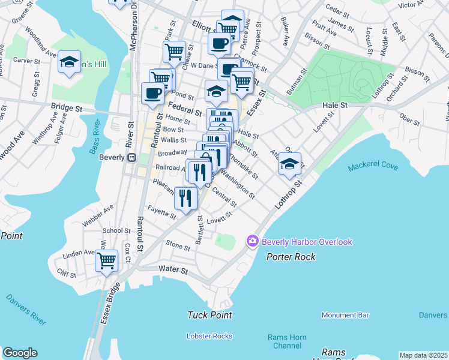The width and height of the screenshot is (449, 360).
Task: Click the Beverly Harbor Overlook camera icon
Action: tap(252, 241)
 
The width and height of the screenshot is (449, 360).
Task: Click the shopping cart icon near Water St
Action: tap(106, 260)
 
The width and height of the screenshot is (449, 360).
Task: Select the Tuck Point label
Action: tap(209, 315)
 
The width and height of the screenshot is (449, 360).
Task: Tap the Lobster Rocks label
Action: tap(209, 335)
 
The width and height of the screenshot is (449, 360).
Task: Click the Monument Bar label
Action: tap(345, 315)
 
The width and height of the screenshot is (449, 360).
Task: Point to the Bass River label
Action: tap(97, 137)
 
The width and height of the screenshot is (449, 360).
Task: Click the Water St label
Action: tap(173, 271)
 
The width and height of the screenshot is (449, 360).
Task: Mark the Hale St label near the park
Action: tap(335, 105)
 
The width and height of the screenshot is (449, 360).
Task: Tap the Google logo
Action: tap(20, 353)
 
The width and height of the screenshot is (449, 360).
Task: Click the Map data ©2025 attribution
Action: tap(423, 355)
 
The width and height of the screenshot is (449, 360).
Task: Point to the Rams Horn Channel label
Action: tap(287, 341)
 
